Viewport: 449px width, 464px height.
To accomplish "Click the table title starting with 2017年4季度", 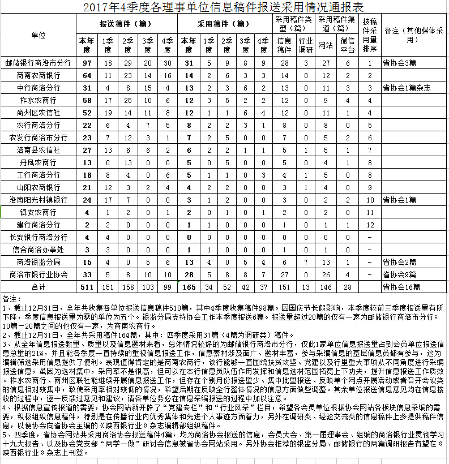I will click(x=224, y=7).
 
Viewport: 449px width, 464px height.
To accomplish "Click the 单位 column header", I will click(x=39, y=35).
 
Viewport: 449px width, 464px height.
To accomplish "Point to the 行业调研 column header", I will click(x=306, y=44).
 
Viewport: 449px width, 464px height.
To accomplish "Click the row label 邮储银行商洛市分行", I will click(x=39, y=63).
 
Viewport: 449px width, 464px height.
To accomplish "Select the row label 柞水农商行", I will click(x=39, y=100).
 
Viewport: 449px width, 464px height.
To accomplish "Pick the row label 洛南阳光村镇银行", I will click(x=39, y=200).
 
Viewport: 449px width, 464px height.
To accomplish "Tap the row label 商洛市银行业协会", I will click(x=39, y=274).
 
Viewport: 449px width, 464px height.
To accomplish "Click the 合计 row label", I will click(x=39, y=287).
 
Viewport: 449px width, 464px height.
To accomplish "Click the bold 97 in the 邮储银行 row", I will click(x=87, y=63).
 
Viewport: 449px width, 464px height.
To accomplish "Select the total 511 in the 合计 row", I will click(x=87, y=287).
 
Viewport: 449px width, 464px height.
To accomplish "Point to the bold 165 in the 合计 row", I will click(x=189, y=287).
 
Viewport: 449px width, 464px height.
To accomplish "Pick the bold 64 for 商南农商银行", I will click(x=87, y=75).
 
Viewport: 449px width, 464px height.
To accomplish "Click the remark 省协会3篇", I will click(x=400, y=63).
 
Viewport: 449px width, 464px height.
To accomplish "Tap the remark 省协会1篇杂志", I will click(x=407, y=88).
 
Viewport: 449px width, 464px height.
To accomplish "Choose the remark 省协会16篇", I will click(x=401, y=287).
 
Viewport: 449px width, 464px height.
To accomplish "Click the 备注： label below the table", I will click(x=12, y=298).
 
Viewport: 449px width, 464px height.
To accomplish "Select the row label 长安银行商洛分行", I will click(x=39, y=237).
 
